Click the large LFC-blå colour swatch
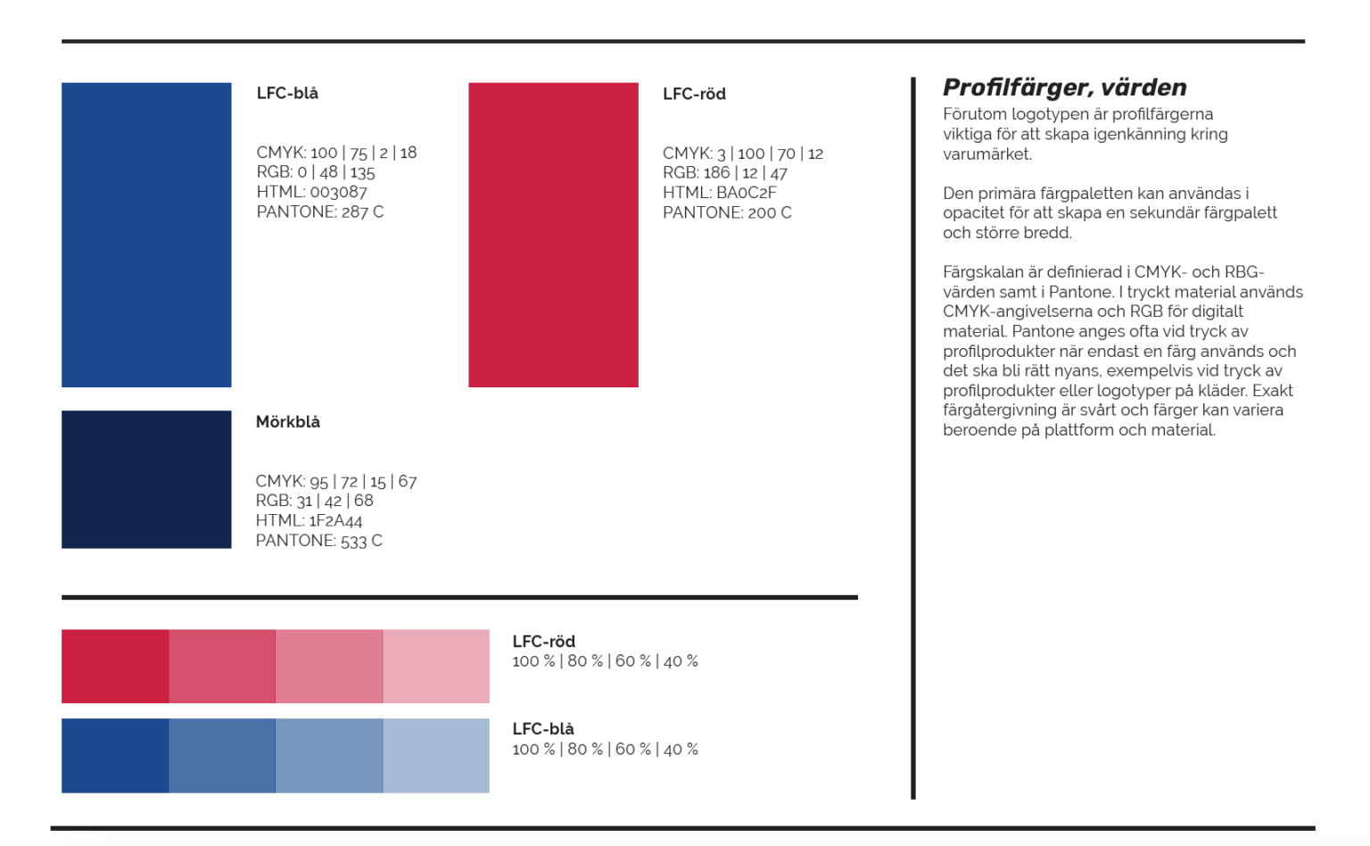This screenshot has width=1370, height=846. [146, 235]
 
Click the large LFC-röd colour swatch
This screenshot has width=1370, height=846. [554, 235]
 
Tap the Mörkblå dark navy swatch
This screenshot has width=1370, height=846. [146, 479]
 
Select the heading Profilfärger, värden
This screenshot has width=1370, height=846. [1065, 88]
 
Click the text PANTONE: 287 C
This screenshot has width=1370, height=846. [320, 211]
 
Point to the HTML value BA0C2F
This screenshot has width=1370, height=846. [747, 192]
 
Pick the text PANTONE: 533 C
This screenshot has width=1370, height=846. [318, 541]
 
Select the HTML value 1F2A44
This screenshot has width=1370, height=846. [335, 521]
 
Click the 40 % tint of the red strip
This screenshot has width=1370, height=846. [436, 666]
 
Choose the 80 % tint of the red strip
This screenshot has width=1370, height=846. [222, 666]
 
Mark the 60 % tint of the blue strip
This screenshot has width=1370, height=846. [329, 755]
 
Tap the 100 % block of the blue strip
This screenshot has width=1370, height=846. [115, 755]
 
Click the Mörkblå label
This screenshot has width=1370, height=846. [287, 422]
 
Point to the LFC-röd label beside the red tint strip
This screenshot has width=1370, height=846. [544, 641]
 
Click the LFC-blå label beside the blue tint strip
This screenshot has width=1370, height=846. [543, 728]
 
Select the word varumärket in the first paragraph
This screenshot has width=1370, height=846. [987, 154]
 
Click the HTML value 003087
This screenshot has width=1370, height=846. [338, 192]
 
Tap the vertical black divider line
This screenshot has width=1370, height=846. [913, 437]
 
